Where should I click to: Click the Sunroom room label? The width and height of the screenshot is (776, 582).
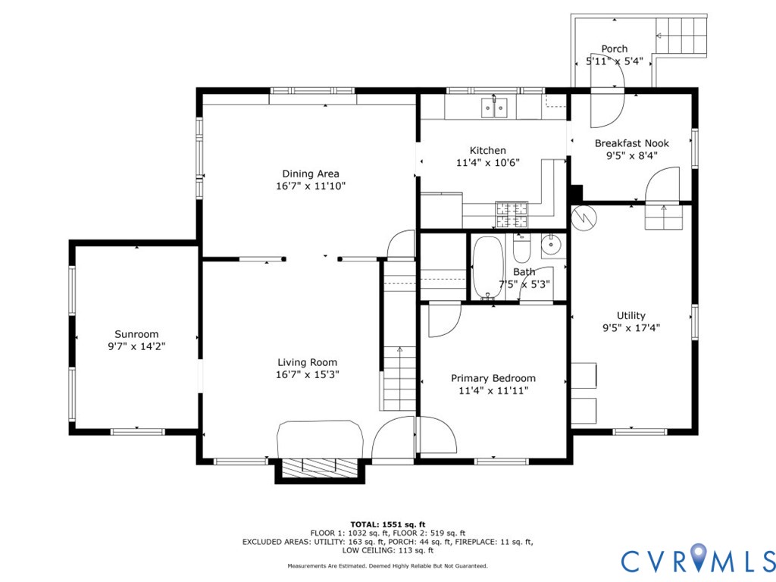(x=136, y=334)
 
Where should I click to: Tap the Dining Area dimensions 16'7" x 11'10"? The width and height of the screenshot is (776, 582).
(x=311, y=186)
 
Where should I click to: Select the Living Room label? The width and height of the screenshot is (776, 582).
(x=308, y=362)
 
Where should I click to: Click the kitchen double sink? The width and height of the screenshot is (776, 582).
(x=494, y=108)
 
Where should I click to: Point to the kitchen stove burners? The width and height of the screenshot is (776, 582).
(x=512, y=214)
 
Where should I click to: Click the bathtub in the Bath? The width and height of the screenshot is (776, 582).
(x=488, y=268)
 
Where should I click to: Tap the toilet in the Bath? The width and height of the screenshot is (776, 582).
(x=521, y=249)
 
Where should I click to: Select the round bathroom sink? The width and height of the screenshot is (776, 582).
(x=551, y=245)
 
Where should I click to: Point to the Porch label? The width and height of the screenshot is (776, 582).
(x=614, y=48)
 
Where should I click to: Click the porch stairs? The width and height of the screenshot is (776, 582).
(x=681, y=35)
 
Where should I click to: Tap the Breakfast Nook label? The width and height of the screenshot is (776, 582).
(x=631, y=143)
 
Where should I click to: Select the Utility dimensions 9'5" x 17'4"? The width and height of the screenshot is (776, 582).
(x=631, y=327)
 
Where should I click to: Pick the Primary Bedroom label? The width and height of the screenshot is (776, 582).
(x=493, y=378)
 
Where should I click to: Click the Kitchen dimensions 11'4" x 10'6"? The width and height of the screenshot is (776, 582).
(x=487, y=162)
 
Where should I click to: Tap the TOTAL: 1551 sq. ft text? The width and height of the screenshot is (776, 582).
(x=388, y=524)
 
